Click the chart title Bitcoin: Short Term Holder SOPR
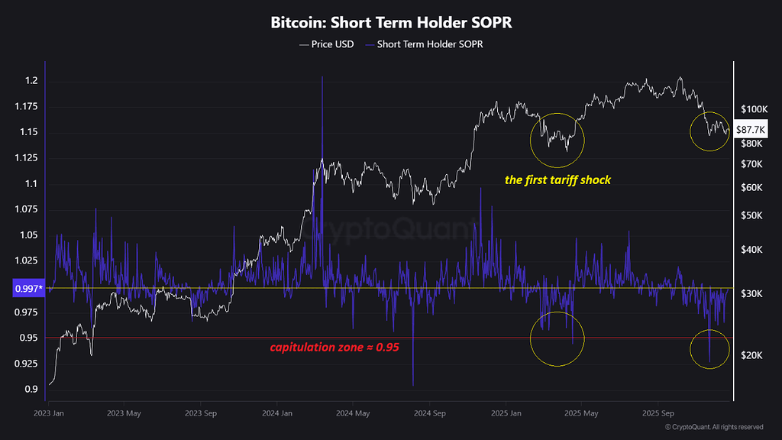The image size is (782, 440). pos(391,23)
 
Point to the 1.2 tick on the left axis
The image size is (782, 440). pos(31,81)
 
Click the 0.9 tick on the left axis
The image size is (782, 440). pos(31,390)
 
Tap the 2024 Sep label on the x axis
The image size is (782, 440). pos(428,413)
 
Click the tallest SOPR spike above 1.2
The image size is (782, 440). pos(322,77)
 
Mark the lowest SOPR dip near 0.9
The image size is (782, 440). pos(413,384)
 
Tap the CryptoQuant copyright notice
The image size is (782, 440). pos(714,427)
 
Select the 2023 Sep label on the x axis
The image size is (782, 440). pos(200,413)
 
